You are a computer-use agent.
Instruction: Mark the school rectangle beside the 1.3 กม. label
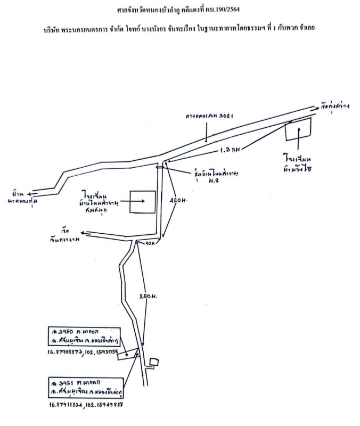298,129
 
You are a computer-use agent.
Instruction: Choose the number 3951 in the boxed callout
64,383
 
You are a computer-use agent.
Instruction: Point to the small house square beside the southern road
154,362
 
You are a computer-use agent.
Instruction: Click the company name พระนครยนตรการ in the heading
94,27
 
